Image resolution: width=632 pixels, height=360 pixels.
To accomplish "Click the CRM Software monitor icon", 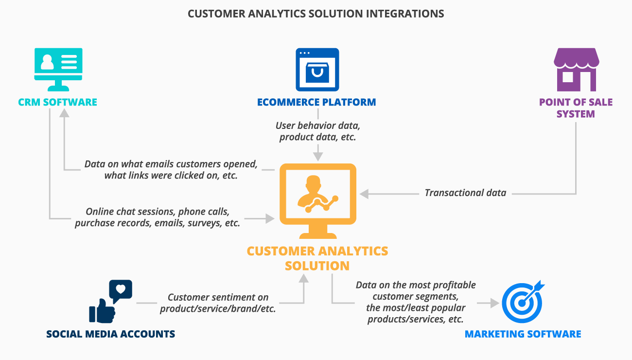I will (58, 69).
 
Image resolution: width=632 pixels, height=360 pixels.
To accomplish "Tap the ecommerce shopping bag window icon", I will (317, 69).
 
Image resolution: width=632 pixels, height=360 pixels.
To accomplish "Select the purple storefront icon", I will (576, 70).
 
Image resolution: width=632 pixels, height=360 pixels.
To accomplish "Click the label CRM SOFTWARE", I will (58, 102).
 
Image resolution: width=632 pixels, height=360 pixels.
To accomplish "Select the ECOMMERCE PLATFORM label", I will (316, 102).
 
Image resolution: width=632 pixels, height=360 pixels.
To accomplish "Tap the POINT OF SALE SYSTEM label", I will (576, 108).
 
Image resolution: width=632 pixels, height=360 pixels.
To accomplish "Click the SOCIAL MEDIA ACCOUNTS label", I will (111, 334).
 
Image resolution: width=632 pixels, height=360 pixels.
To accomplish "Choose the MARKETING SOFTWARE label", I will (523, 334).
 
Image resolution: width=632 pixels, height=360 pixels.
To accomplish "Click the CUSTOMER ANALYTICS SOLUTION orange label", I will (317, 258).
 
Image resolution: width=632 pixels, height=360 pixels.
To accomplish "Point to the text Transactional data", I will (465, 193).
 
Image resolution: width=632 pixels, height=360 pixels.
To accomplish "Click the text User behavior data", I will (317, 126).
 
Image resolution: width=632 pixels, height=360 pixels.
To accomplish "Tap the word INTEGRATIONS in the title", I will (405, 14).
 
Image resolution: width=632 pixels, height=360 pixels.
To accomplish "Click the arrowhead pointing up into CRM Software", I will (64, 112).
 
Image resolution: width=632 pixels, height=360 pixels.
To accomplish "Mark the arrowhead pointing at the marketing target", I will (495, 303).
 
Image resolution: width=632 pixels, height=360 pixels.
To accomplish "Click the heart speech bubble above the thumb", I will (121, 290).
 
